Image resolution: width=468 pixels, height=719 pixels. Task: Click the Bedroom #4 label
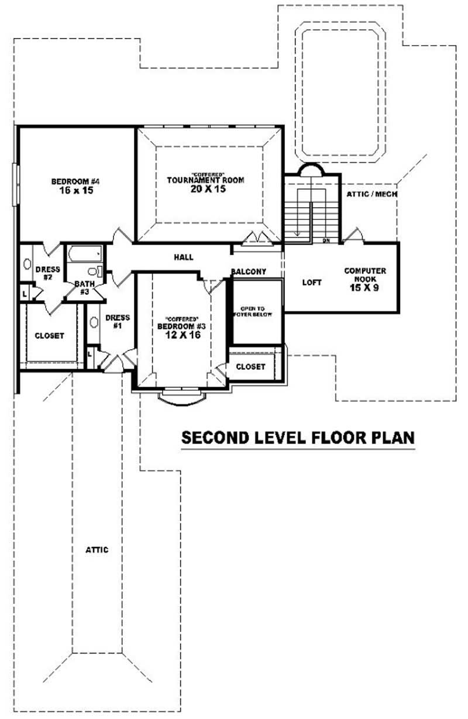[73, 181]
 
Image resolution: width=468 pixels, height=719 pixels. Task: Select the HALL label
[183, 257]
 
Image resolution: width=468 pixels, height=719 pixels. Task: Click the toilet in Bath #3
[94, 271]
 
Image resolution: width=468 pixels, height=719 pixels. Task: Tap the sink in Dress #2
[27, 264]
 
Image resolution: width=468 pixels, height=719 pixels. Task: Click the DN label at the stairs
[327, 240]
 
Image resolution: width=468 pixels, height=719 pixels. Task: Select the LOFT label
[312, 283]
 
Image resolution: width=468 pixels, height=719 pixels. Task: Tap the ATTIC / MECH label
[373, 194]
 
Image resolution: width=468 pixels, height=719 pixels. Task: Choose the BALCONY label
[249, 272]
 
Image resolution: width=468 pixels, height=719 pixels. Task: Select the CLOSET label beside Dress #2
[49, 336]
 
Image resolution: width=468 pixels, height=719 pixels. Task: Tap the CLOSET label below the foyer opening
[250, 367]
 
